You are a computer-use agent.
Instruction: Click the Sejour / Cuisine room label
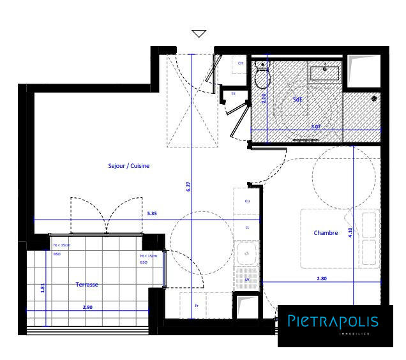[128, 166]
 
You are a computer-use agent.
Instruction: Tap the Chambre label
[326, 233]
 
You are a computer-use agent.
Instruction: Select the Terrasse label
[87, 285]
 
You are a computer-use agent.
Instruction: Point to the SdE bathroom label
[297, 100]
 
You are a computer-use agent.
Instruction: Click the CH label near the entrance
[241, 64]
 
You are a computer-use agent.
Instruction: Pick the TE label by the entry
[233, 94]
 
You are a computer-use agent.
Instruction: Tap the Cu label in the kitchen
[247, 201]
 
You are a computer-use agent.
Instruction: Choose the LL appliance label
[247, 227]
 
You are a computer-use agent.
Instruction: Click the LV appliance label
[247, 279]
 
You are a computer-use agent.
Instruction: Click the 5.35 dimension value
[152, 214]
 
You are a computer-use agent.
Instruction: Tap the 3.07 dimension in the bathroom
[315, 127]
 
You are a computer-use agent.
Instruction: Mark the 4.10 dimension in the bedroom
[350, 233]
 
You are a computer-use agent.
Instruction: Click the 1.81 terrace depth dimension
[43, 288]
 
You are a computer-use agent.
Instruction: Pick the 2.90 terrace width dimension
[89, 308]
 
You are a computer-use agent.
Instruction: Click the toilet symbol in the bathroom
[262, 77]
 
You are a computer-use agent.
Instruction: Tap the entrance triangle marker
[199, 34]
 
